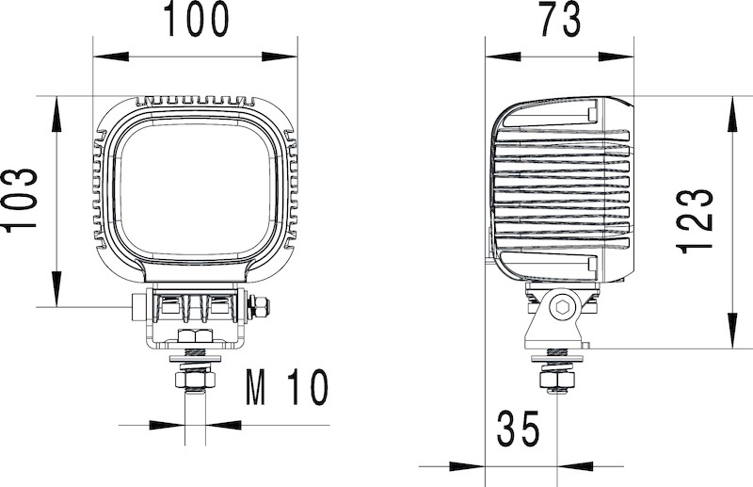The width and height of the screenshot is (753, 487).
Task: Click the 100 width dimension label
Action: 197,19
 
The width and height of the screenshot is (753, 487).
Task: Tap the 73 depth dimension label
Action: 560,19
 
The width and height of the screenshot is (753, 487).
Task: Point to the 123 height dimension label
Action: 695,221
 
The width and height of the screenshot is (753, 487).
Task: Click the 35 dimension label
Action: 519,429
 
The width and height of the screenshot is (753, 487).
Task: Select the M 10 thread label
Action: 287,387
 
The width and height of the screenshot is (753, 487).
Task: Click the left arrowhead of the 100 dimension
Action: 111,57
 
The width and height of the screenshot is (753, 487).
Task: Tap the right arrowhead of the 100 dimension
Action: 280,57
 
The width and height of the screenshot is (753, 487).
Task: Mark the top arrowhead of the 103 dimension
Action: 56,114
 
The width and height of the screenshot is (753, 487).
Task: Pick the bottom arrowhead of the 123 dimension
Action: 732,331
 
